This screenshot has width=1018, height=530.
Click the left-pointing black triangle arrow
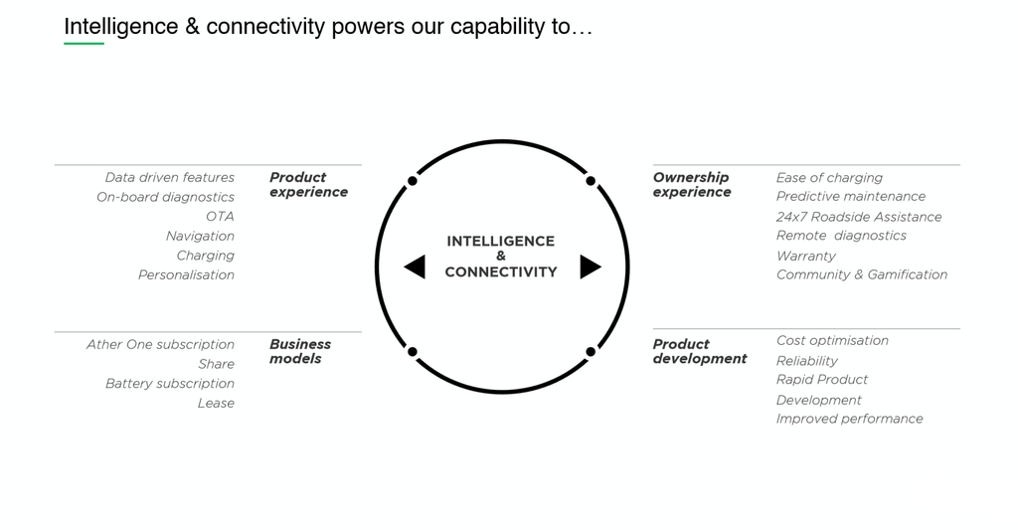pyautogui.click(x=416, y=266)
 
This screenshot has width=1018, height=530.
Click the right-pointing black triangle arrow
pyautogui.click(x=590, y=266)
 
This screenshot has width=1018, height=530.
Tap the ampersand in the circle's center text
pyautogui.click(x=501, y=257)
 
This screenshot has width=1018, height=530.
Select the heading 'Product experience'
pyautogui.click(x=308, y=185)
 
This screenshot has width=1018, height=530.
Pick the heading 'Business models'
pyautogui.click(x=300, y=351)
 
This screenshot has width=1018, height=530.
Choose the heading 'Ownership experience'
pyautogui.click(x=692, y=185)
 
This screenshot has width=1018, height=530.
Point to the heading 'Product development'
pyautogui.click(x=700, y=351)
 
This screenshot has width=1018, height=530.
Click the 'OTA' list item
pyautogui.click(x=220, y=217)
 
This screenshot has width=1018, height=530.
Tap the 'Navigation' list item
pyautogui.click(x=200, y=236)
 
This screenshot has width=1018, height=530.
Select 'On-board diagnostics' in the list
pyautogui.click(x=165, y=197)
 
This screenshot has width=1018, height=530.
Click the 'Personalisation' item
pyautogui.click(x=186, y=274)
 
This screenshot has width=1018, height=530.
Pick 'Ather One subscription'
pyautogui.click(x=160, y=344)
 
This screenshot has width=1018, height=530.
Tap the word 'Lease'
pyautogui.click(x=216, y=403)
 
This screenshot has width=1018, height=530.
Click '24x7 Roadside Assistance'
pyautogui.click(x=859, y=217)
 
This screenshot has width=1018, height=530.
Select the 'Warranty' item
pyautogui.click(x=806, y=256)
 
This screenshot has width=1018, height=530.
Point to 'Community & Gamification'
pyautogui.click(x=862, y=274)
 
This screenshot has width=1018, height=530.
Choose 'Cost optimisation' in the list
pyautogui.click(x=832, y=340)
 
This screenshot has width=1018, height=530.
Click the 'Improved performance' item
pyautogui.click(x=849, y=419)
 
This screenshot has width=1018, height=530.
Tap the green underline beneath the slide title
pyautogui.click(x=84, y=44)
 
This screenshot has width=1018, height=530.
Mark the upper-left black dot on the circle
pyautogui.click(x=413, y=181)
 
